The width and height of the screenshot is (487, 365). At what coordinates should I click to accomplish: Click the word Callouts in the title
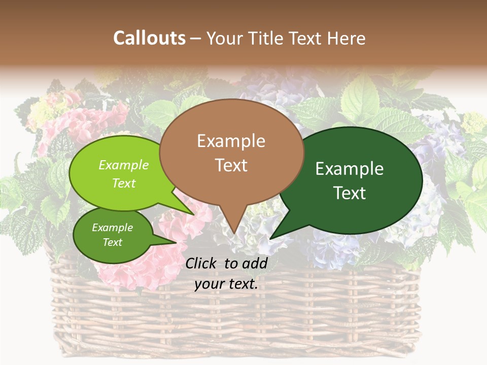[x=149, y=38]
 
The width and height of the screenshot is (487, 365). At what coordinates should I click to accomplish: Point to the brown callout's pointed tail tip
[x=233, y=234]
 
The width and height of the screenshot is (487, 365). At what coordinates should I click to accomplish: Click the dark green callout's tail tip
[x=270, y=239]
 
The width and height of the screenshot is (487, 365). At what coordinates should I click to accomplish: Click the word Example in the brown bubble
[x=231, y=141]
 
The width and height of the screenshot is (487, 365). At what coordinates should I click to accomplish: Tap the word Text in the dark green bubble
[x=350, y=193]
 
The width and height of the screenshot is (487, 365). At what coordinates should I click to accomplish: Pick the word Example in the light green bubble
[x=124, y=165]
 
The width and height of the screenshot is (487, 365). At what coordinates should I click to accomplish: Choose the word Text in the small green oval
[x=112, y=242]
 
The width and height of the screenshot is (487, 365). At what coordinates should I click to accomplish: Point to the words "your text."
[x=226, y=284]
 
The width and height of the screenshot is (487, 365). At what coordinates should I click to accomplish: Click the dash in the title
[x=196, y=38]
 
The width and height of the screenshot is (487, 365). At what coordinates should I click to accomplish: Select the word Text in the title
[x=306, y=38]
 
